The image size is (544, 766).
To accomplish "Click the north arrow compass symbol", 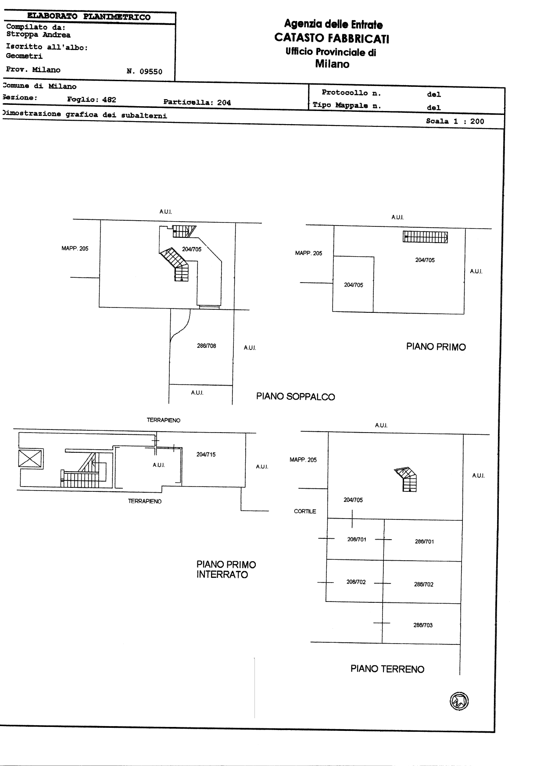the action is coord(459,701).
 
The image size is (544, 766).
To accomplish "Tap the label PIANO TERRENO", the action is coord(387,669).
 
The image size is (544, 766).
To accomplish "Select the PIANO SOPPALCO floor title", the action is coord(296,397).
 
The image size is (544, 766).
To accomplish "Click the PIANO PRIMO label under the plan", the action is coord(436,347).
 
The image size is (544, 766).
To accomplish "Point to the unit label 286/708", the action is coord(206,346).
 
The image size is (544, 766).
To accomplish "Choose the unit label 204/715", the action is coord(206,455).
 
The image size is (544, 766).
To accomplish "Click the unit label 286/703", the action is coord(423,625).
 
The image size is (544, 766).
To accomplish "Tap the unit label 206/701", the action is coord(357,539).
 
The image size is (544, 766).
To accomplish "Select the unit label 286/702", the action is coord(424,584).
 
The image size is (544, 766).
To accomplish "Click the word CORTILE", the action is coord(305,512).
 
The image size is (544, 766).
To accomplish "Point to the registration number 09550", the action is coord(151,72).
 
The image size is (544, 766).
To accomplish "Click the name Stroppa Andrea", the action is coord(38,35).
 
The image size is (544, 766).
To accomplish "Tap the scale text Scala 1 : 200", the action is coord(455,122).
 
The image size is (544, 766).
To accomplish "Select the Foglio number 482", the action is coord(109,100).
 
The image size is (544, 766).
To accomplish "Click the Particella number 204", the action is coord(224,103).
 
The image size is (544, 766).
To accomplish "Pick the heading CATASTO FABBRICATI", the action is coord(332,38).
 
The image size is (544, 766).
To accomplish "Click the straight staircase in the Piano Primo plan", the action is coord(425,237).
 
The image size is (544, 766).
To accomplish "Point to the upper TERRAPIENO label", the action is coord(164,420).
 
